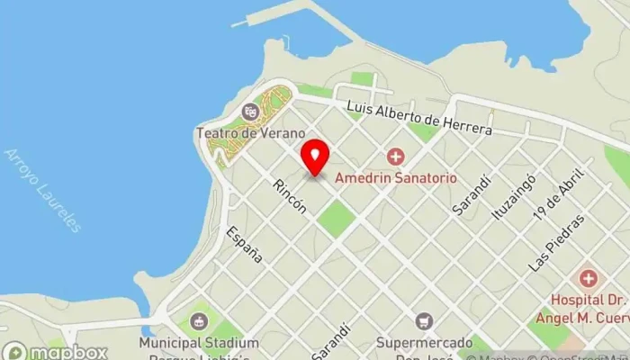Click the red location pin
pyautogui.click(x=314, y=157)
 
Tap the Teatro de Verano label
pyautogui.click(x=238, y=133)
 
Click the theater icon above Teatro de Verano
pyautogui.click(x=250, y=112)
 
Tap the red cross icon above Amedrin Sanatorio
pyautogui.click(x=394, y=157)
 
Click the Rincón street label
pyautogui.click(x=291, y=194)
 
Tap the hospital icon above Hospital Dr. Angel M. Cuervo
pyautogui.click(x=588, y=277)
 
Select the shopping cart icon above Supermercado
pyautogui.click(x=424, y=320)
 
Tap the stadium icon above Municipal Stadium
pyautogui.click(x=199, y=321)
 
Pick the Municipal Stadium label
pyautogui.click(x=199, y=344)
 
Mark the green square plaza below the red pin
pyautogui.click(x=336, y=219)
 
